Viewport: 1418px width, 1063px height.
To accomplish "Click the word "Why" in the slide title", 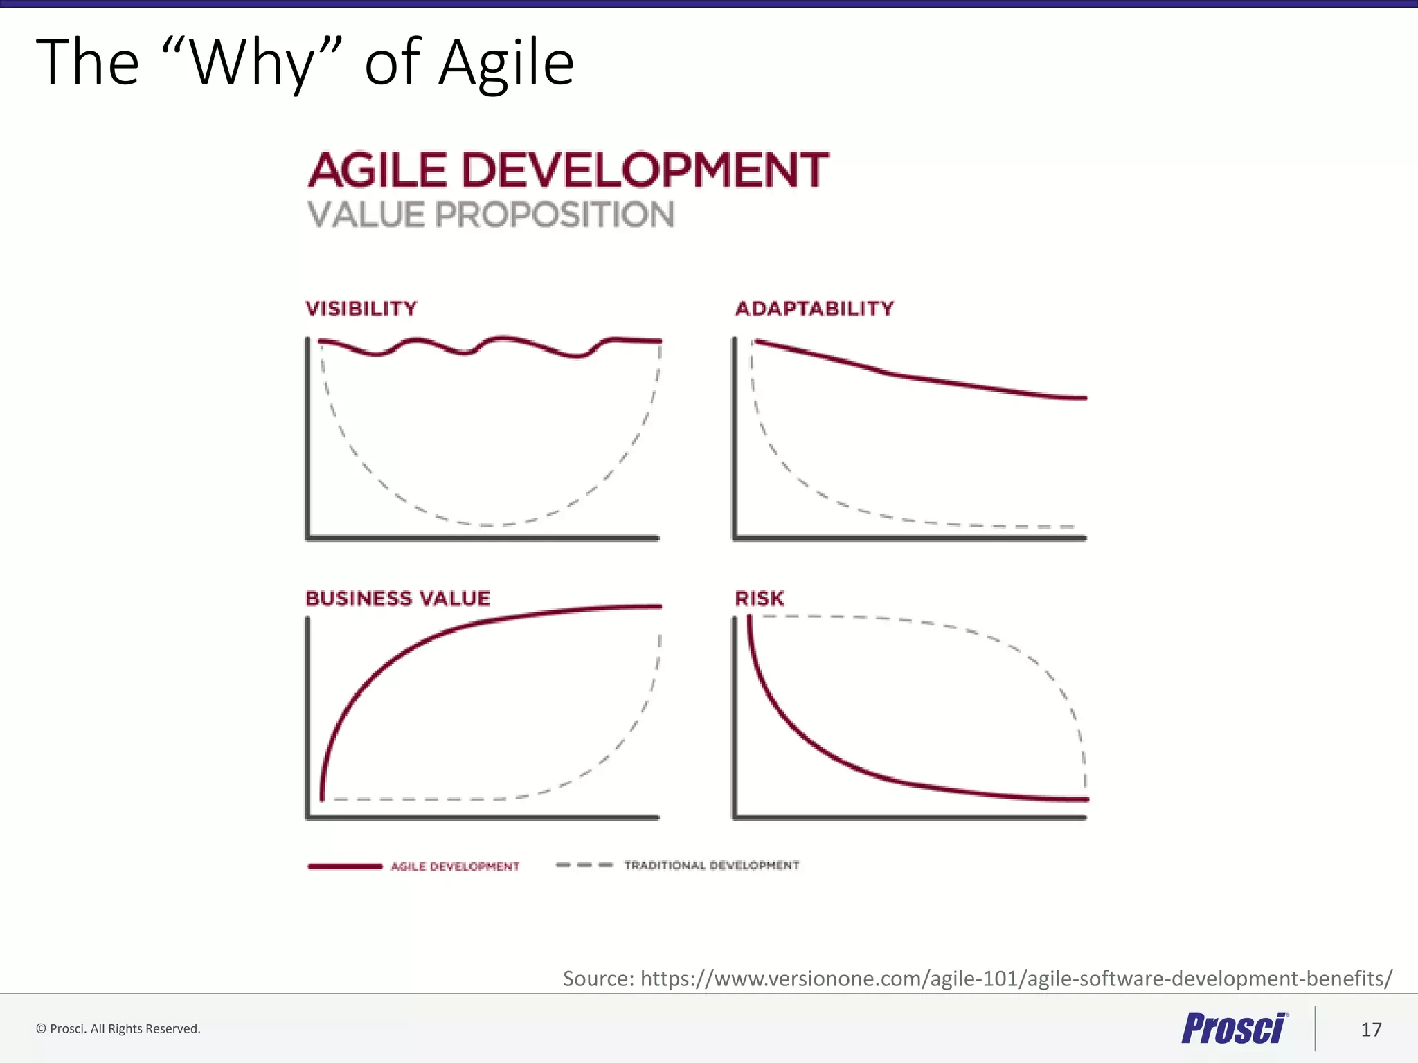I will pyautogui.click(x=253, y=64).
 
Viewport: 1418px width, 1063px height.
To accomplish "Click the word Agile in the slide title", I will pyautogui.click(x=506, y=64).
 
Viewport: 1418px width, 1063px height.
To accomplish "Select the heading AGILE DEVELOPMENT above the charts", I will pyautogui.click(x=568, y=170).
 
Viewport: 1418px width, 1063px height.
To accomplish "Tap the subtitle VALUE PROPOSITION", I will pyautogui.click(x=490, y=215).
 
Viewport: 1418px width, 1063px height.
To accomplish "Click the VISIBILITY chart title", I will pyautogui.click(x=361, y=309).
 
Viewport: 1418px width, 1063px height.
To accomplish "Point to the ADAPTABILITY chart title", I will pyautogui.click(x=814, y=309).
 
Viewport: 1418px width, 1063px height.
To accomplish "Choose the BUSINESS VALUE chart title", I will pyautogui.click(x=397, y=599).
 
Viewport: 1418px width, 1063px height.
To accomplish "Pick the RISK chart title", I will pyautogui.click(x=760, y=599).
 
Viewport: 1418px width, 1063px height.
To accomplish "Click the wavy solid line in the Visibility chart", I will pyautogui.click(x=504, y=338).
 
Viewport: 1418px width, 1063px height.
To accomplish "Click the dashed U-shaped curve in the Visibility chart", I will pyautogui.click(x=485, y=525).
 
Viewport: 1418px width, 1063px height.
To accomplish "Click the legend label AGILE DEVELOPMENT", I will pyautogui.click(x=455, y=866).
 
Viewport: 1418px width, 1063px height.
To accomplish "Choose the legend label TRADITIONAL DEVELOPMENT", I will pyautogui.click(x=711, y=865).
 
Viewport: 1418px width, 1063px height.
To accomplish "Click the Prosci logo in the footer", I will pyautogui.click(x=1234, y=1028).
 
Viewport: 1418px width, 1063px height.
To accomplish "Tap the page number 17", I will pyautogui.click(x=1371, y=1030).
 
